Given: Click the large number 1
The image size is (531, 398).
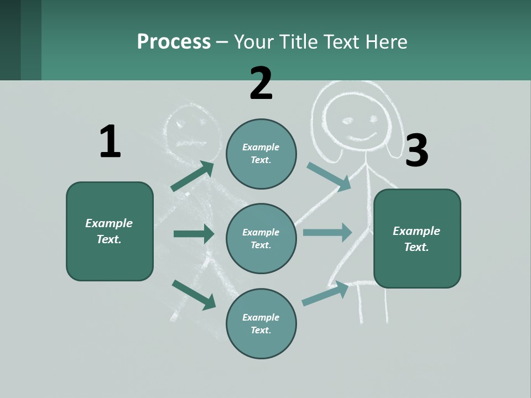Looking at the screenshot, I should click(x=110, y=142).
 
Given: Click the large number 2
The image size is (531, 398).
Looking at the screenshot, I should click(x=261, y=83).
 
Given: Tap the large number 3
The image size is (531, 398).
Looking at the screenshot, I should click(x=417, y=150).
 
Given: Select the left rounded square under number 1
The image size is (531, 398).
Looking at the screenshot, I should click(x=110, y=231).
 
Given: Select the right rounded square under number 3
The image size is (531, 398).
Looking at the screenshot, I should click(x=417, y=239).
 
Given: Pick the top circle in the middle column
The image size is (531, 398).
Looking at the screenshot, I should click(x=261, y=154).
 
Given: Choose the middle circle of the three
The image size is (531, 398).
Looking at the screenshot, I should click(x=261, y=238).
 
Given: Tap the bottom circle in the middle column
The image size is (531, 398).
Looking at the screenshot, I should click(x=261, y=323).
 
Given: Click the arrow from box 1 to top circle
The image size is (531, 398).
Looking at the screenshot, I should click(x=192, y=176).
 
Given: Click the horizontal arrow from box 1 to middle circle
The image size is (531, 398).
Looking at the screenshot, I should click(x=194, y=234).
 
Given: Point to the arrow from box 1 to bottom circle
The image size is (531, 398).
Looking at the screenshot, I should click(x=194, y=295).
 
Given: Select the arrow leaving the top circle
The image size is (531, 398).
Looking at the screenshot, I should click(x=329, y=176).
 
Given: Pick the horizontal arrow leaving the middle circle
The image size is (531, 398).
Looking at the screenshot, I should click(x=327, y=232).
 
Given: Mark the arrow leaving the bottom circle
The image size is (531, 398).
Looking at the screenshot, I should click(x=325, y=293).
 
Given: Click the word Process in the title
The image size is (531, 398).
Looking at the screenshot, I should click(x=174, y=41).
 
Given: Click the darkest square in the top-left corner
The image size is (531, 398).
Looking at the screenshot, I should click(x=10, y=40).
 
